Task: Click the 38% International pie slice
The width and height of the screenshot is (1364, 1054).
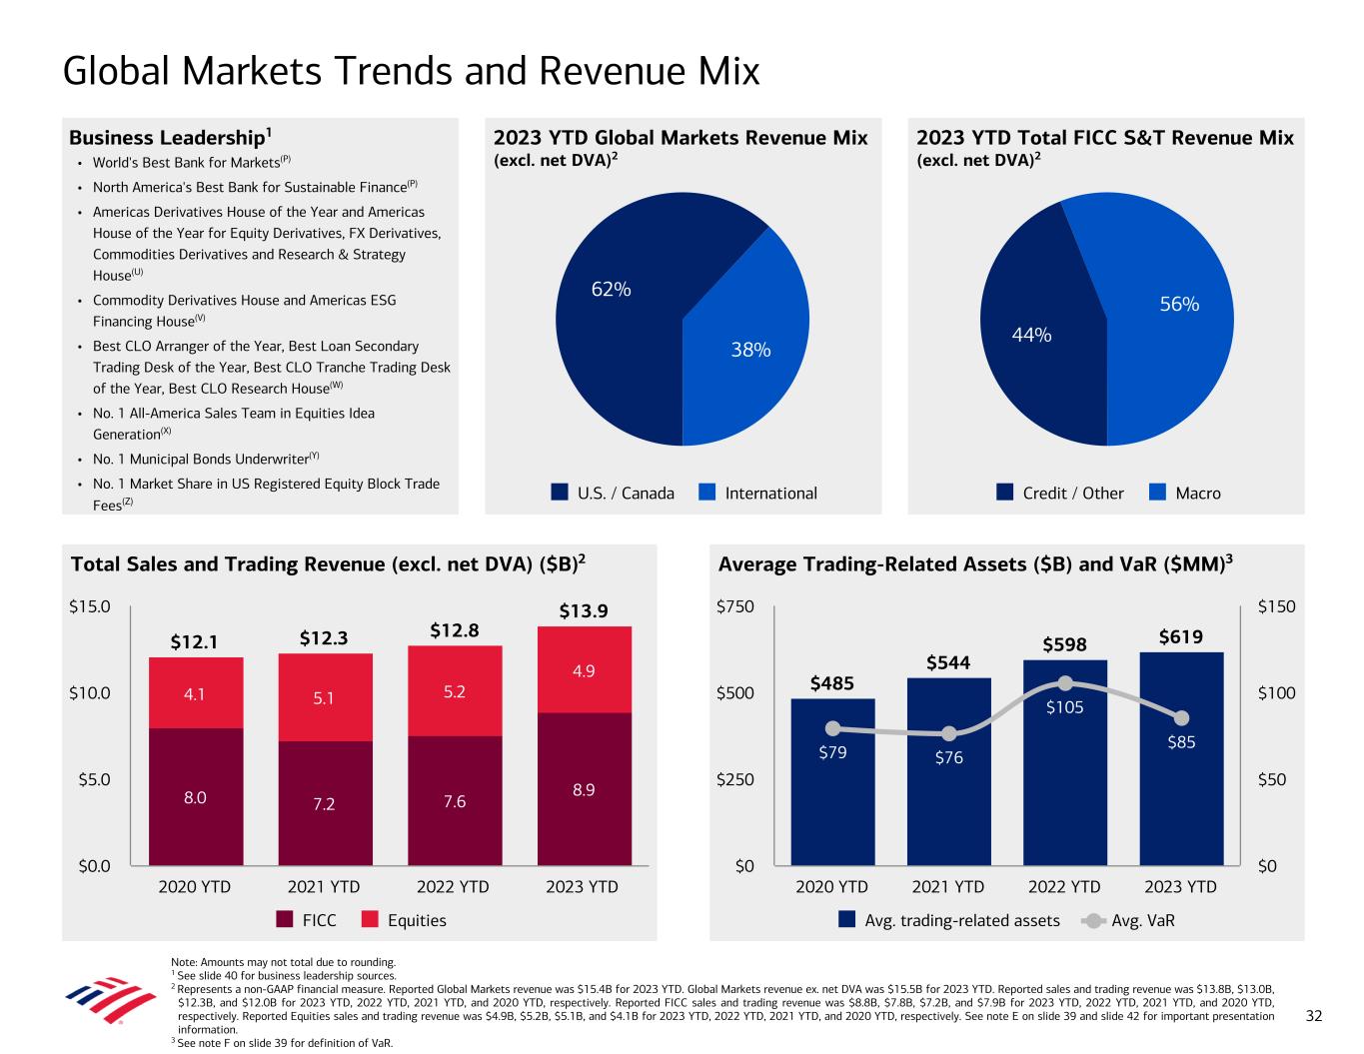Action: [749, 340]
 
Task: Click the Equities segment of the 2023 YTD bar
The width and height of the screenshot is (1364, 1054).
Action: [584, 669]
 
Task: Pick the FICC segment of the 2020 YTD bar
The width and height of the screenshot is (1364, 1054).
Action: [195, 796]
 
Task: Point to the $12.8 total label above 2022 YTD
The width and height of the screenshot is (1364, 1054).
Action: [455, 630]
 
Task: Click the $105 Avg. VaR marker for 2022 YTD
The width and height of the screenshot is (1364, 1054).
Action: [1065, 683]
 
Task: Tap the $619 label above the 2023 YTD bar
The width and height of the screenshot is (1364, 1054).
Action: [1181, 636]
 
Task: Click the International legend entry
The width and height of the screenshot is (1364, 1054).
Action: [758, 493]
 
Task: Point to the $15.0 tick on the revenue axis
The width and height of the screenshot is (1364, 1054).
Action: [91, 606]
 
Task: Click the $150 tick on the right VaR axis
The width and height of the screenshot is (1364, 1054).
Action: [1276, 606]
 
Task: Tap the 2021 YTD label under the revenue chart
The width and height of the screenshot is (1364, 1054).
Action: [324, 886]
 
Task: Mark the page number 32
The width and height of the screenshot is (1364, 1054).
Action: [1314, 1016]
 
